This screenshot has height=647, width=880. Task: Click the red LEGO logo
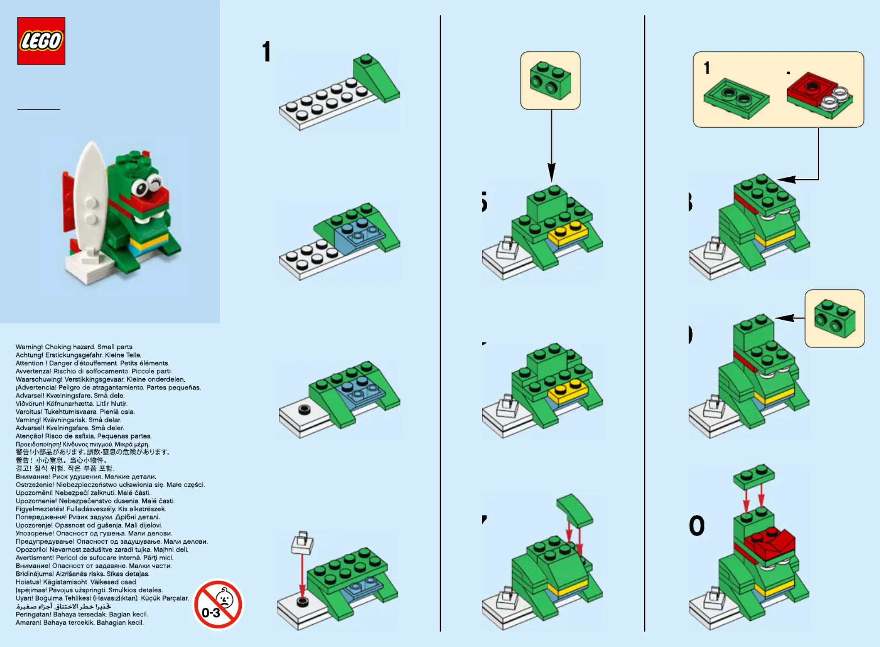pos(41,41)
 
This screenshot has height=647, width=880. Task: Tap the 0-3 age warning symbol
pos(218,604)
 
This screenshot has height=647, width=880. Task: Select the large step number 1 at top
pos(266,52)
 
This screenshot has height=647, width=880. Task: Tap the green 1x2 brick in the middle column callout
pos(550,81)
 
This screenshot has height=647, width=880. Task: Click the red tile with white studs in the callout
pos(818,94)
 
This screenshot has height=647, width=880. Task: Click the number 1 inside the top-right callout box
pos(707,68)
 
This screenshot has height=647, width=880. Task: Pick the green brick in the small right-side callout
pos(834,318)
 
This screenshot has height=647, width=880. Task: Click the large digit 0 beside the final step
pos(697,526)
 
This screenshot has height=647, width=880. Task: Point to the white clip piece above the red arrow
pos(302,543)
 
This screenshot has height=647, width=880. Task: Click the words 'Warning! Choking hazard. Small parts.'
pos(75,347)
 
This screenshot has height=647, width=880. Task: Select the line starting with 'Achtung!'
pos(78,355)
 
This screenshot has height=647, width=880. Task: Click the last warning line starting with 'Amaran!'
pos(80,623)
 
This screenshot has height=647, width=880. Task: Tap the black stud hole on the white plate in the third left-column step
pos(304,409)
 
